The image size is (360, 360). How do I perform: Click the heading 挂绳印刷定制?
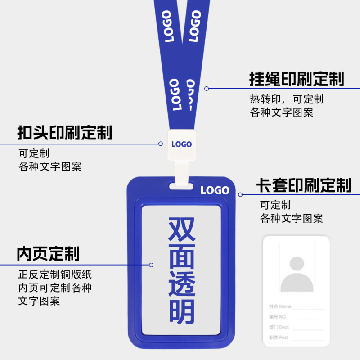click(297, 79)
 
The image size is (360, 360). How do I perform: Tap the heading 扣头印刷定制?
click(64, 133)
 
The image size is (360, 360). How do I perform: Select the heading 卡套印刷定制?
click(303, 185)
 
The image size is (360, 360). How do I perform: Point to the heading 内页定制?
click(48, 254)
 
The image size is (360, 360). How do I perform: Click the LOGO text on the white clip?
click(181, 144)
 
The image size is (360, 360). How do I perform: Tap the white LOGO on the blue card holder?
click(215, 190)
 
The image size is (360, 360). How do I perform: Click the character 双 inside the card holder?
click(182, 229)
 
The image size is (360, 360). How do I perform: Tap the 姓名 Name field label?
click(280, 306)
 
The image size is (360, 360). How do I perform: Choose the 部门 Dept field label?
click(279, 327)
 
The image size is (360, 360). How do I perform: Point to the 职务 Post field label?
click(279, 337)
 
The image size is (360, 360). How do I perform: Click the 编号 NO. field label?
click(278, 317)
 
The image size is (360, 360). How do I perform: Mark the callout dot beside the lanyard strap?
click(207, 89)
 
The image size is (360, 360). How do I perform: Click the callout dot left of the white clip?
click(161, 144)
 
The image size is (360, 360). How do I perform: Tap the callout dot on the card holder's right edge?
click(240, 195)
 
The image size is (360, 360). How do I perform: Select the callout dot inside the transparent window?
click(151, 265)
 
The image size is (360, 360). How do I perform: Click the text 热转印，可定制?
click(287, 99)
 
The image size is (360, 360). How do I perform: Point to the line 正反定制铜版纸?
click(55, 274)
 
